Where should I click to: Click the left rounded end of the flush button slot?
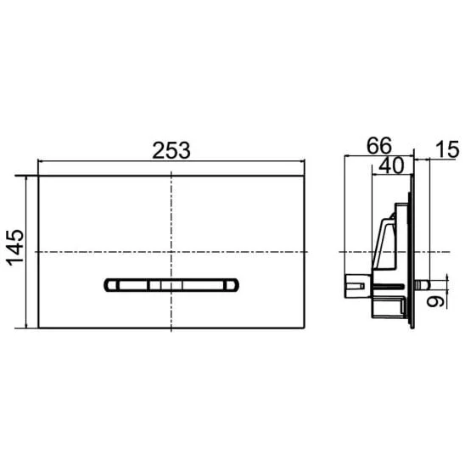click(x=109, y=285)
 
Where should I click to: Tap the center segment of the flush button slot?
click(x=171, y=285)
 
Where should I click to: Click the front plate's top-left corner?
click(x=38, y=176)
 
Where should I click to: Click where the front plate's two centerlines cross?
click(x=171, y=252)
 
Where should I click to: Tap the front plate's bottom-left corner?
click(x=38, y=328)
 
